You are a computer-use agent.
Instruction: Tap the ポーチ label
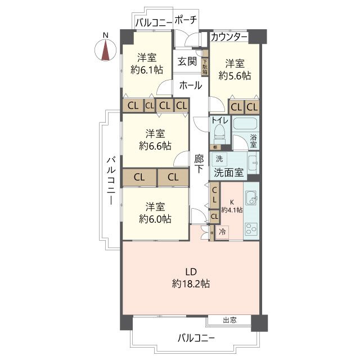[x=186, y=20]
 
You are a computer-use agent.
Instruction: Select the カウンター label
[x=229, y=37]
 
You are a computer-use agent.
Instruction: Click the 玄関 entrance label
[x=187, y=61]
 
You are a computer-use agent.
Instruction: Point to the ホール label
[x=191, y=85]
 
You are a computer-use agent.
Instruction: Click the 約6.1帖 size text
[x=147, y=70]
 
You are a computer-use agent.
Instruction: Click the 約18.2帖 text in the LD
[x=191, y=284]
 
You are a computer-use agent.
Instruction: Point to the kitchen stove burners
[x=251, y=228]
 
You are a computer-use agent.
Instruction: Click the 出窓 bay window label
[x=229, y=320]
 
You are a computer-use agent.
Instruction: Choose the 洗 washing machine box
[x=219, y=159]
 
